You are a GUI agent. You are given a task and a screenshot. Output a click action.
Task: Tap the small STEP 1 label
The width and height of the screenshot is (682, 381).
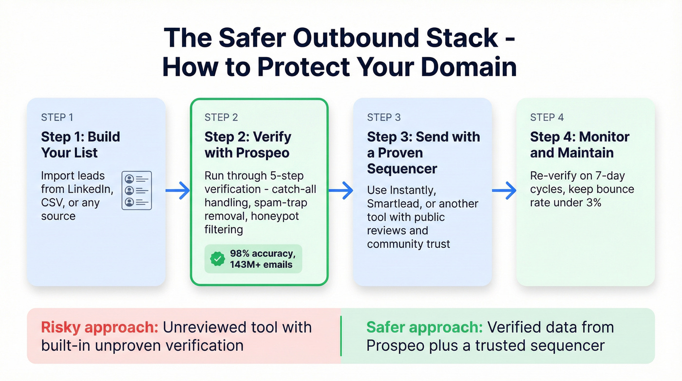coord(57,117)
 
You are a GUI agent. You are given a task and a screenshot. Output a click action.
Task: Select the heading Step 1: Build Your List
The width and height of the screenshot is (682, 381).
coord(80,144)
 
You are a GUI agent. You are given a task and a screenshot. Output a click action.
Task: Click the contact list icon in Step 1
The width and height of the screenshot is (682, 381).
coord(137,191)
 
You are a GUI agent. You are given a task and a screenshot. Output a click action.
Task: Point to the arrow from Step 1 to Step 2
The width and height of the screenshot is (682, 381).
coord(178,191)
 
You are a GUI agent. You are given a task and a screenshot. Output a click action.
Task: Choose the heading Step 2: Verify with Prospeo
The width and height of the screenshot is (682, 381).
coord(247,144)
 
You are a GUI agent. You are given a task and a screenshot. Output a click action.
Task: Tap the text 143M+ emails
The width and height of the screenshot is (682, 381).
coord(261,265)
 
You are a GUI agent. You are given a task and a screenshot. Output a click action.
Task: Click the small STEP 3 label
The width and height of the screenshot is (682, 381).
coord(384,117)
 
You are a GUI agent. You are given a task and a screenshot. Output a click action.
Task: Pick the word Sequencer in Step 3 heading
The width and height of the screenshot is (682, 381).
coord(402,169)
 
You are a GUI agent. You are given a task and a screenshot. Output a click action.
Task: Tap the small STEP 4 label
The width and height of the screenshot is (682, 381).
coord(547,117)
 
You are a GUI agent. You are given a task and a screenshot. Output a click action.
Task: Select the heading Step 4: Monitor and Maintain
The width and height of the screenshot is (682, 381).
coord(580,144)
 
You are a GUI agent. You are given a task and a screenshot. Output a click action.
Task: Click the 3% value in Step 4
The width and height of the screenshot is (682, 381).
coord(593,202)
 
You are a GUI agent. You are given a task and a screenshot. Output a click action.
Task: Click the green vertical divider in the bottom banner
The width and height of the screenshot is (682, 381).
coord(341,336)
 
